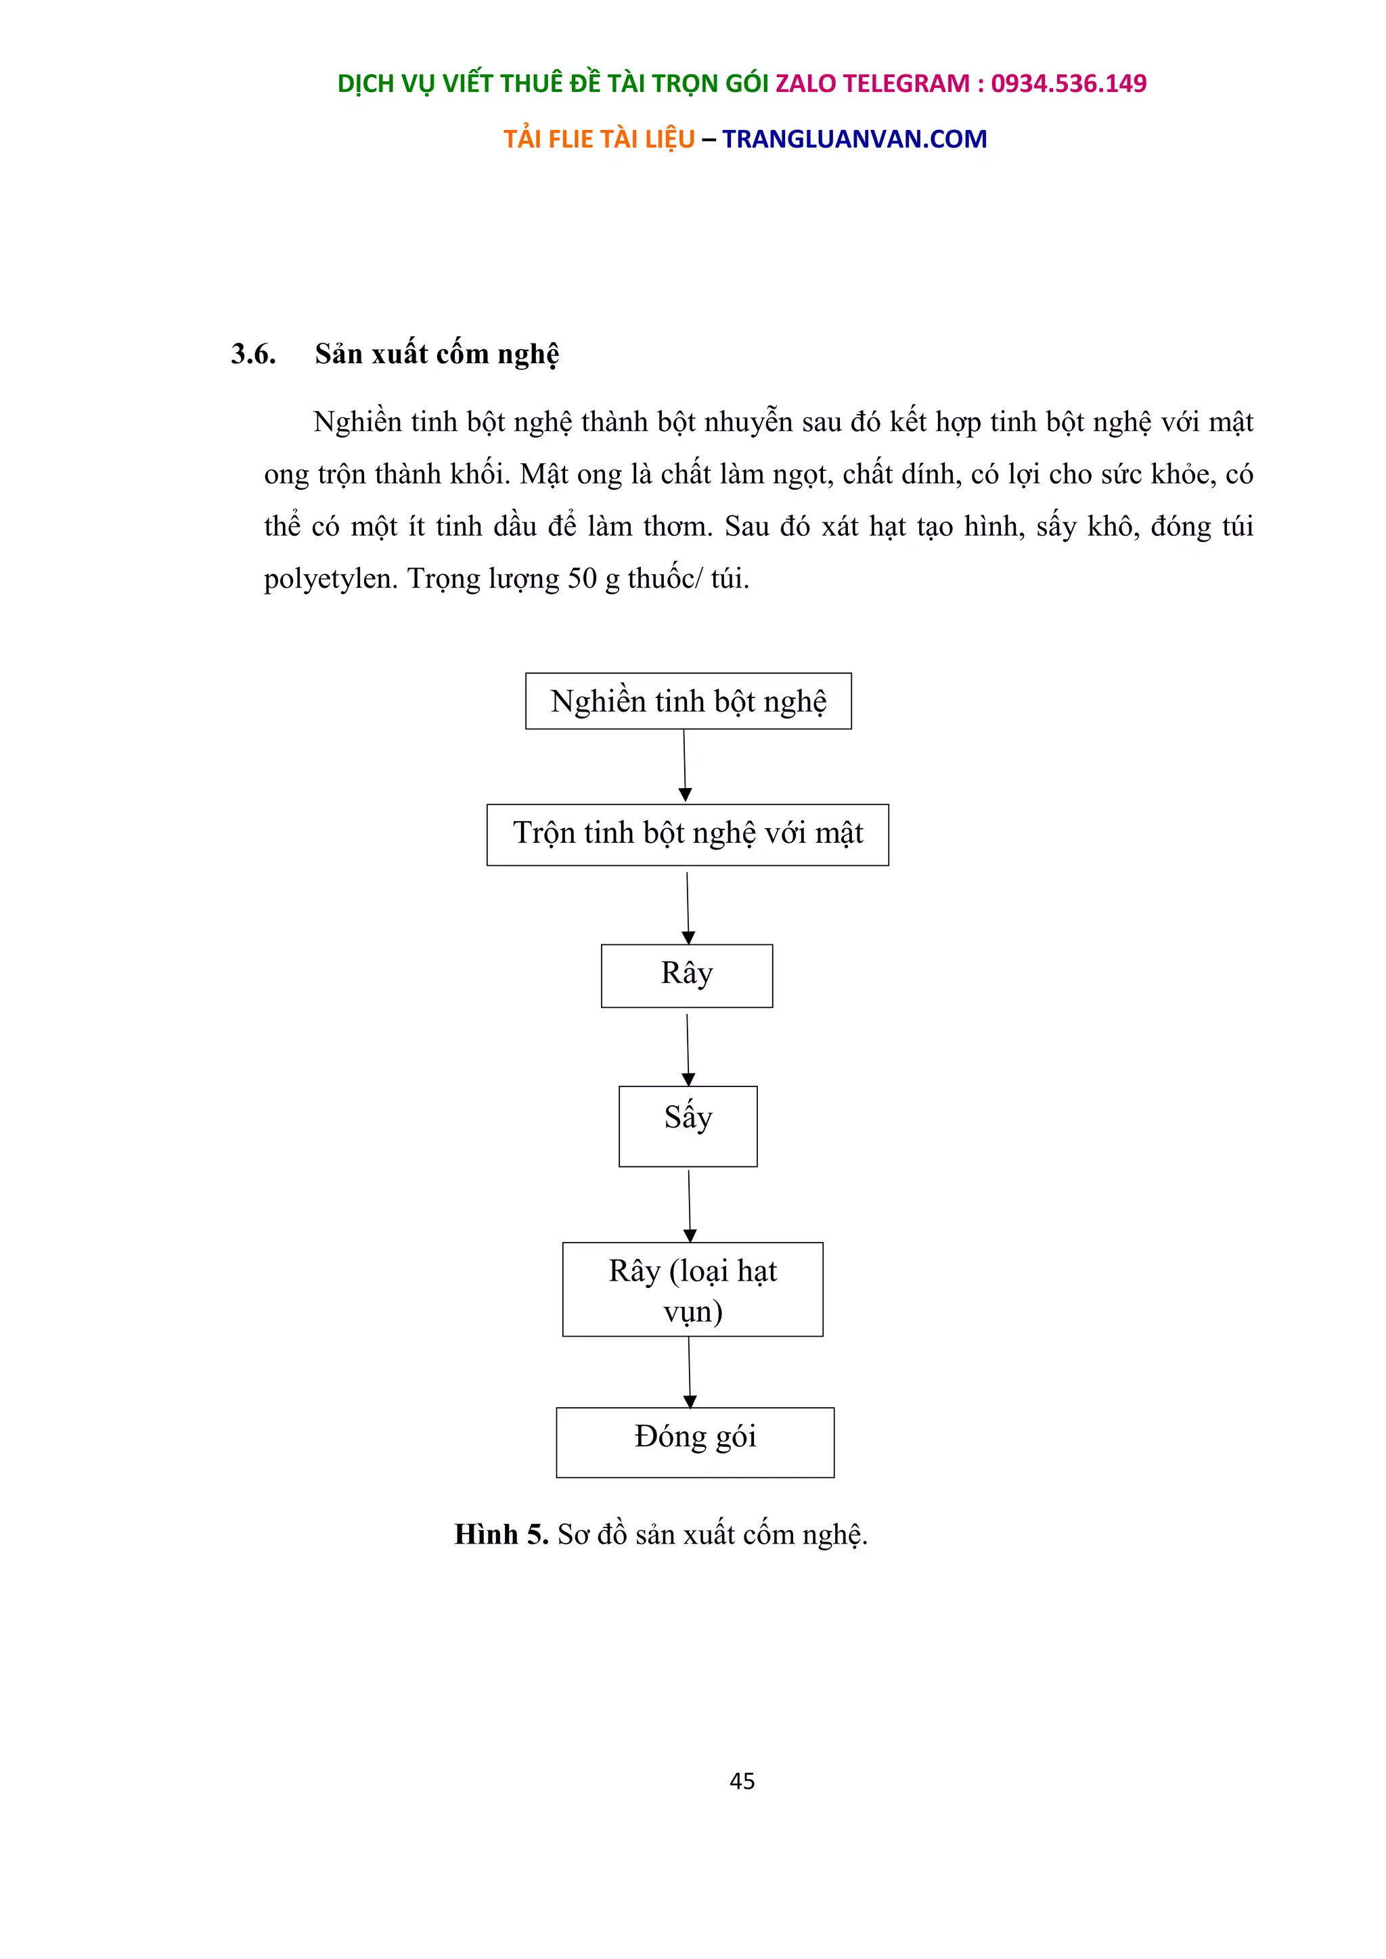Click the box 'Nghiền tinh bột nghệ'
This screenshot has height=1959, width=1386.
[688, 701]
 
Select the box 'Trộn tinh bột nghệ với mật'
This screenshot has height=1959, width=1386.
[688, 835]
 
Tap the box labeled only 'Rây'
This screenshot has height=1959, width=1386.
[687, 975]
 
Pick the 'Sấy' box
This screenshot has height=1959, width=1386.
[688, 1126]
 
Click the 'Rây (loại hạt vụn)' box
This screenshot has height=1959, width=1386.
[693, 1289]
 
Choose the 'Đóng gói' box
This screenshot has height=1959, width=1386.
[695, 1442]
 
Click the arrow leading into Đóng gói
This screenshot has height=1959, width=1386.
[690, 1371]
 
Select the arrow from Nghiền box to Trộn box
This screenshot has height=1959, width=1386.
[684, 765]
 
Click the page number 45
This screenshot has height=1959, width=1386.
[742, 1780]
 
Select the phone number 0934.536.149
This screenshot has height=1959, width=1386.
[1069, 84]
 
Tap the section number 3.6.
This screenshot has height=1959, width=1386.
[254, 354]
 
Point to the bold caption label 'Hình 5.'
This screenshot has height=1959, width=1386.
[501, 1534]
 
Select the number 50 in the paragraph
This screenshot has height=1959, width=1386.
[582, 579]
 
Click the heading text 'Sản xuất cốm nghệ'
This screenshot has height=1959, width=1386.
[437, 354]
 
